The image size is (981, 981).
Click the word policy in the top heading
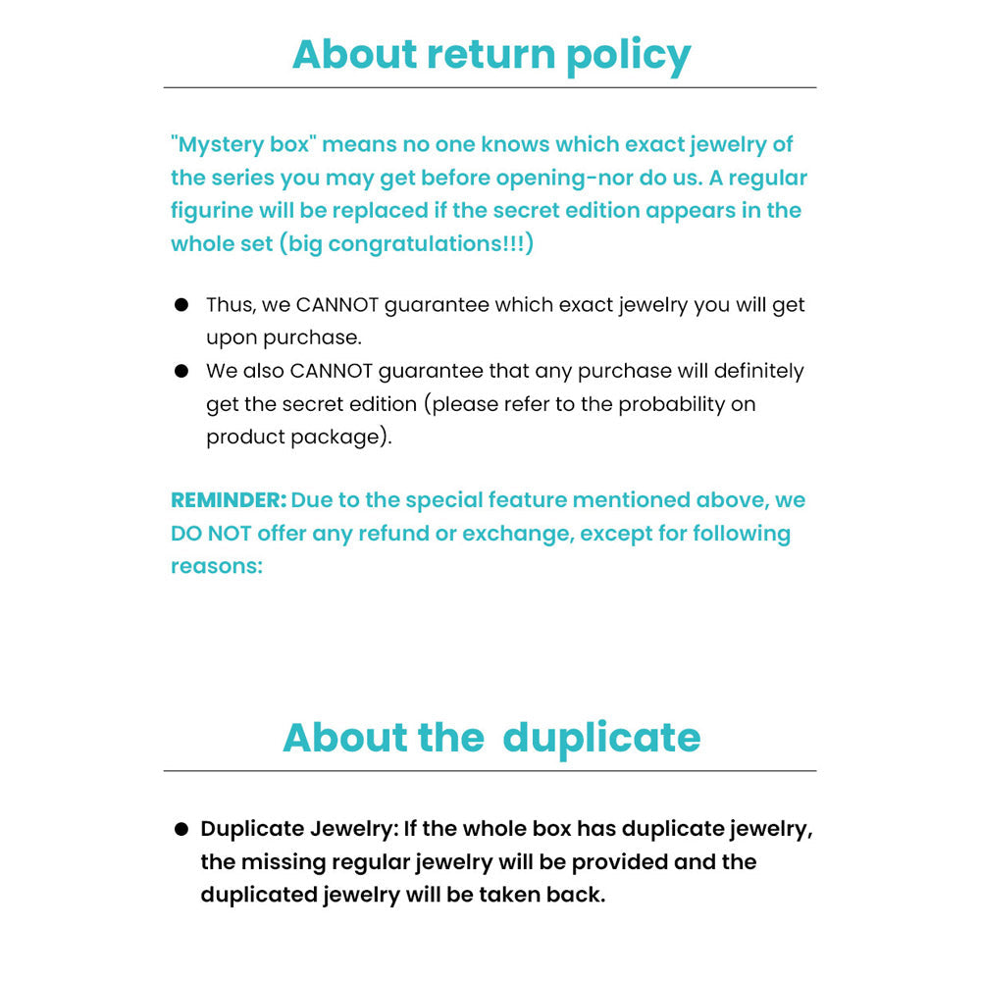628,55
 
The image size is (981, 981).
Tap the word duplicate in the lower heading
601,738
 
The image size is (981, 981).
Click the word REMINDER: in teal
229,500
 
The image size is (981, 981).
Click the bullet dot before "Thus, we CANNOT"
181,305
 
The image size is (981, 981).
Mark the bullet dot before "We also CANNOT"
181,371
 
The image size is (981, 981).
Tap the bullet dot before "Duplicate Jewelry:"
181,829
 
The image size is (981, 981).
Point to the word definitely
744,371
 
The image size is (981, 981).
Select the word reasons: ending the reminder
217,567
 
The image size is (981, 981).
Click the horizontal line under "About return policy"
490,88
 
